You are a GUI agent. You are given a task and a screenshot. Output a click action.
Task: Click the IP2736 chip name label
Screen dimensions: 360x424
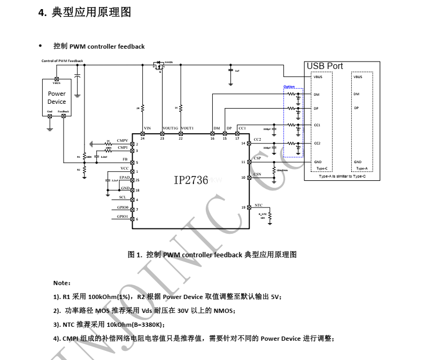[191, 180]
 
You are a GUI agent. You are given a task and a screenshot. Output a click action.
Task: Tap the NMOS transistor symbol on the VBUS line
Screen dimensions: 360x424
[158, 66]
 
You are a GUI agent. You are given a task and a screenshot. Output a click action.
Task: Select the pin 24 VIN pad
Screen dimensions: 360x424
[143, 134]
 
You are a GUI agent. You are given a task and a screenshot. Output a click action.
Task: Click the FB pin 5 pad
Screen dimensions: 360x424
[133, 162]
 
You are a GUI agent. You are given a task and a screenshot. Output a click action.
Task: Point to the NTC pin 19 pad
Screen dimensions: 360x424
[249, 207]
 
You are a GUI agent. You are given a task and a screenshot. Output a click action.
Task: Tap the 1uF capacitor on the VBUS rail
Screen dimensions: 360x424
[230, 71]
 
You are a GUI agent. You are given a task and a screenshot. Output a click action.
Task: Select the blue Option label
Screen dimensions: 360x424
[289, 87]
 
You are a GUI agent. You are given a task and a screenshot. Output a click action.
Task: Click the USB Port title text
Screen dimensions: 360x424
[325, 66]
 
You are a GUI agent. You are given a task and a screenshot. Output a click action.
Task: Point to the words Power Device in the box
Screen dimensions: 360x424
[57, 97]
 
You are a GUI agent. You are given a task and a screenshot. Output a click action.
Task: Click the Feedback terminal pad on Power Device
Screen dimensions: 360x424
[64, 116]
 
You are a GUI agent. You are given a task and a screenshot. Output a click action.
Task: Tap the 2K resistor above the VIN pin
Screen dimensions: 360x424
[143, 108]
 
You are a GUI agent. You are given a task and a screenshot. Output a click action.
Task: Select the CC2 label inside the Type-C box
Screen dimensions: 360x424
[317, 143]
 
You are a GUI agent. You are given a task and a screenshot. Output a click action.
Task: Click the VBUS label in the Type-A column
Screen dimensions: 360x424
[358, 77]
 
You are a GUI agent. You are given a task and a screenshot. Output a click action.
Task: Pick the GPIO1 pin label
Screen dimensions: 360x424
[122, 217]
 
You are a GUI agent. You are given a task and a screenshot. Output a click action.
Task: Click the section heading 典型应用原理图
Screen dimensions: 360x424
[91, 12]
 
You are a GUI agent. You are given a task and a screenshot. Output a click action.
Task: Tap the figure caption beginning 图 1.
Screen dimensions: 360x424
[212, 255]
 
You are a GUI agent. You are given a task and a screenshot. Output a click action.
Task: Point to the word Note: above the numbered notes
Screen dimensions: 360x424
[61, 282]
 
